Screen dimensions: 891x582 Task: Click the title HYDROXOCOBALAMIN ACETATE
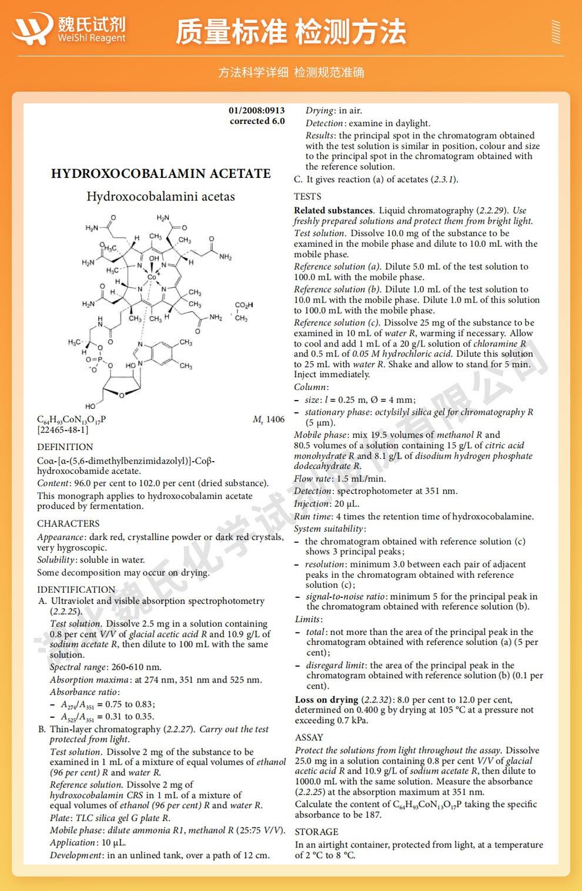click(160, 174)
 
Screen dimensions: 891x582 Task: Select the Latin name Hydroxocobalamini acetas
click(160, 197)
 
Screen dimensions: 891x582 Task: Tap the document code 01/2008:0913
click(257, 110)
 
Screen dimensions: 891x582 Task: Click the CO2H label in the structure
click(243, 305)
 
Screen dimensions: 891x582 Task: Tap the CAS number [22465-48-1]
click(63, 430)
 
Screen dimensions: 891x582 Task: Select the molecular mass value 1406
click(275, 419)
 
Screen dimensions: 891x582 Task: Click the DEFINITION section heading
click(65, 447)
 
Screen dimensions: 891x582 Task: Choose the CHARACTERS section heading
click(68, 523)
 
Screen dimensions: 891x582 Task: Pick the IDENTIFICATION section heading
click(76, 589)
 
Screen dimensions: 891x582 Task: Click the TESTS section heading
click(307, 196)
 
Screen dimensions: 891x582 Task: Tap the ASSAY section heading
click(309, 737)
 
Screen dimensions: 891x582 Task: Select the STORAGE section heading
click(316, 832)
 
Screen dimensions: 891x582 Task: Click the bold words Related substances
click(333, 210)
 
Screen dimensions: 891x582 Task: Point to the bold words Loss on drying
click(326, 700)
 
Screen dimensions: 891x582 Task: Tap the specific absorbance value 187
click(373, 815)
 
